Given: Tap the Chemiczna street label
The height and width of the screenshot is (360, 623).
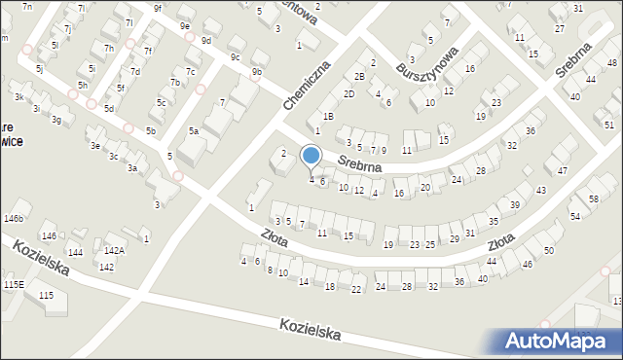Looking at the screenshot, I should pyautogui.click(x=308, y=85).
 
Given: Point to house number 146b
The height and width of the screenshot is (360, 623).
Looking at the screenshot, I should pyautogui.click(x=13, y=219).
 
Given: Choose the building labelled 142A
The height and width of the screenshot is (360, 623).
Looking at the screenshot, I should pyautogui.click(x=114, y=251).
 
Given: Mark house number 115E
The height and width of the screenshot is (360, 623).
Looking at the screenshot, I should pyautogui.click(x=13, y=284).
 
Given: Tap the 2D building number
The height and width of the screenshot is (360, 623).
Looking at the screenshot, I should pyautogui.click(x=348, y=94).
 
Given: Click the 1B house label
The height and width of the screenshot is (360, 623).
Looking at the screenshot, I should pyautogui.click(x=329, y=117).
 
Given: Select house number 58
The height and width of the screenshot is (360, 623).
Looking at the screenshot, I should pyautogui.click(x=594, y=199).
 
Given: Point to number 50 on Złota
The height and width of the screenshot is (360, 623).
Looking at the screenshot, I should pyautogui.click(x=549, y=251).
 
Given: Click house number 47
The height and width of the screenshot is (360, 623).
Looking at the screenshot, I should pyautogui.click(x=563, y=171).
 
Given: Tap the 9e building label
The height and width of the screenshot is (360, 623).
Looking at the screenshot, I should pyautogui.click(x=185, y=26).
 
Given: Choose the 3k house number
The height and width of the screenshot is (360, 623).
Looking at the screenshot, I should pyautogui.click(x=18, y=97).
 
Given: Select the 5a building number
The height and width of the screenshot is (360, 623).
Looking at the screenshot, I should pyautogui.click(x=194, y=131).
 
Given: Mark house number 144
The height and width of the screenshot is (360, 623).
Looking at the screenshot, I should pyautogui.click(x=76, y=252).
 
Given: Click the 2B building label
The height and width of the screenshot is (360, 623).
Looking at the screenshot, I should pyautogui.click(x=359, y=77).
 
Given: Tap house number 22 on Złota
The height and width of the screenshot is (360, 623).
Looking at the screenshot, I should pyautogui.click(x=356, y=290).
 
